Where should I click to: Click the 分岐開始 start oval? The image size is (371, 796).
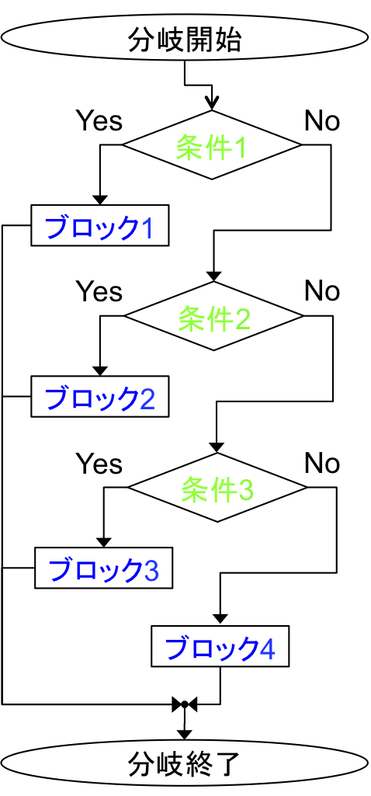[185, 40]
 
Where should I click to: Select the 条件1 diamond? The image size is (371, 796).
[212, 144]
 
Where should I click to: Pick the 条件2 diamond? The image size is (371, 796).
[213, 316]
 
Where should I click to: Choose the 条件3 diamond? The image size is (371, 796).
[217, 487]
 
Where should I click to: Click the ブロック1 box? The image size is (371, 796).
[99, 225]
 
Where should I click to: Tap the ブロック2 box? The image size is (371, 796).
[99, 396]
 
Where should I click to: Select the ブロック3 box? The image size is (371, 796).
[103, 567]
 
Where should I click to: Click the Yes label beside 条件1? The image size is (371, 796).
[99, 121]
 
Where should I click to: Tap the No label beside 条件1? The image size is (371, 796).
[322, 121]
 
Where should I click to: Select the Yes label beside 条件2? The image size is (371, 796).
[99, 291]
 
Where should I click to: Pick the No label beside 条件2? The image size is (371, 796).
[322, 291]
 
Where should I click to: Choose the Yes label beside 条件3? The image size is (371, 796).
[99, 463]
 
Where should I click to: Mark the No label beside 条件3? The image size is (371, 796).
[322, 463]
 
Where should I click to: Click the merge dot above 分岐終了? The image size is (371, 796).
[185, 704]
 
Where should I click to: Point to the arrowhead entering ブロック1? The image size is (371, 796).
[99, 199]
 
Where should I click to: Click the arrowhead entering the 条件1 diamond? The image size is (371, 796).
[213, 105]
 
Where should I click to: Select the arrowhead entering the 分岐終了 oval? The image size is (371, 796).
[185, 734]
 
